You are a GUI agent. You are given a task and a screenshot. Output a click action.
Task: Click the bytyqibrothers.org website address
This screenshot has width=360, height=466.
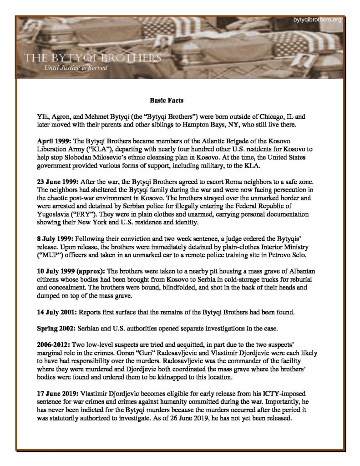point(318,20)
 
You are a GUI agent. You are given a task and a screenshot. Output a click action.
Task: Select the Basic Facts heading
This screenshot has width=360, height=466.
point(167,99)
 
